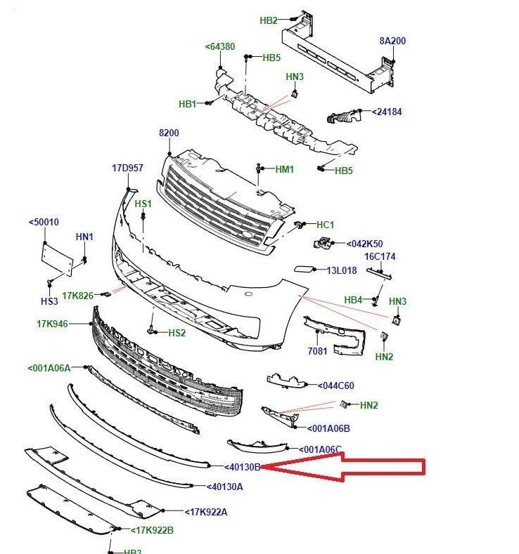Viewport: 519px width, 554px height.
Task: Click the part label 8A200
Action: [392, 41]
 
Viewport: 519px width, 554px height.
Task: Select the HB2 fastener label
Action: [269, 21]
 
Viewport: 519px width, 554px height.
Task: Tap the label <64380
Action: [220, 47]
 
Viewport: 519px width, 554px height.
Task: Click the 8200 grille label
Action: [169, 133]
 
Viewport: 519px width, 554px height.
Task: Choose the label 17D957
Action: [127, 169]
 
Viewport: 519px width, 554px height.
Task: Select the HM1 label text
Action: [284, 169]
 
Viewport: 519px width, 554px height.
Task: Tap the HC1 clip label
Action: [325, 225]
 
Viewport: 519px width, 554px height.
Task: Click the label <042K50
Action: [364, 244]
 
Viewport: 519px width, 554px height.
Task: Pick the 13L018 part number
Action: [341, 270]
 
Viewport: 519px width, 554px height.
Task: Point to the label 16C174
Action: [380, 256]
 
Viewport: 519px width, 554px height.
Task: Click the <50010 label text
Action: [44, 223]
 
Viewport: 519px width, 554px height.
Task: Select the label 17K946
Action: [52, 324]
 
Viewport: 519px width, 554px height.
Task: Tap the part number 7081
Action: [318, 351]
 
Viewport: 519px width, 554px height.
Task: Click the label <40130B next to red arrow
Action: [243, 466]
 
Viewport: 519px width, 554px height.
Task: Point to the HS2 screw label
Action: [176, 332]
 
